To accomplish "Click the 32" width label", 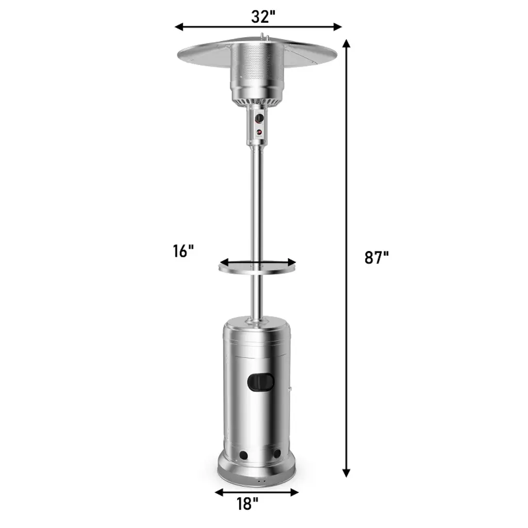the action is click(x=263, y=16).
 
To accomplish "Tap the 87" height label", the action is click(x=377, y=258).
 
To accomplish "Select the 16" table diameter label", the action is click(x=184, y=251).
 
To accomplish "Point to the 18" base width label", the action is click(x=247, y=504).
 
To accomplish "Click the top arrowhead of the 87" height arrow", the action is click(x=346, y=44).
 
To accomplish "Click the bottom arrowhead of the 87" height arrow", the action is click(x=346, y=473).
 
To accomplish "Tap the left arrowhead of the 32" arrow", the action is click(x=179, y=27).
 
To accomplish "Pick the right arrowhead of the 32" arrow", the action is click(x=337, y=27).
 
